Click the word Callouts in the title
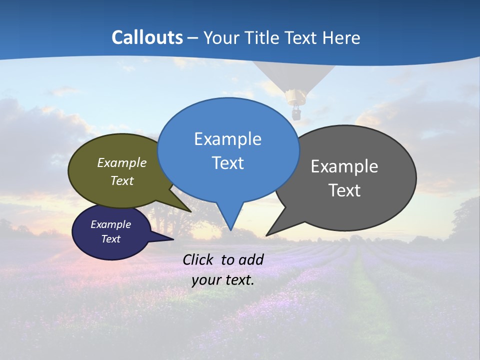pyautogui.click(x=147, y=37)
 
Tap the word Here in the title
pyautogui.click(x=341, y=37)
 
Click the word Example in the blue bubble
pyautogui.click(x=227, y=139)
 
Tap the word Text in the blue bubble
pyautogui.click(x=227, y=163)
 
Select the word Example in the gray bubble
pyautogui.click(x=344, y=166)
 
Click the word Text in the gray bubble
pyautogui.click(x=344, y=190)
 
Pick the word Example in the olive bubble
pyautogui.click(x=121, y=163)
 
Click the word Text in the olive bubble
pyautogui.click(x=121, y=181)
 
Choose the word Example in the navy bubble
pyautogui.click(x=110, y=224)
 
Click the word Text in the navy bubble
pyautogui.click(x=110, y=239)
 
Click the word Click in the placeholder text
pyautogui.click(x=197, y=259)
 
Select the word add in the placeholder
pyautogui.click(x=250, y=259)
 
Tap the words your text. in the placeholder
pyautogui.click(x=223, y=280)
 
